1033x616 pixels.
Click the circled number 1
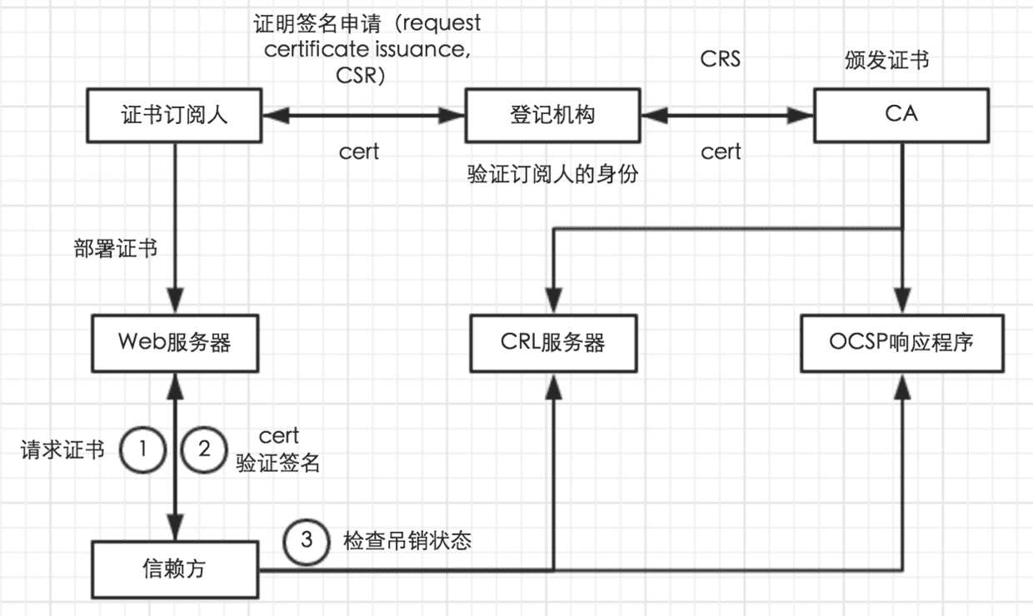coord(143,450)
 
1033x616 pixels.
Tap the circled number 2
coord(204,450)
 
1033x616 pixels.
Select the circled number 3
coord(307,541)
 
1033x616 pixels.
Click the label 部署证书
coord(115,248)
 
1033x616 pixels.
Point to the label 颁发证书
coord(886,60)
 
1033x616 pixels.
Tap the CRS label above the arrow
coord(720,59)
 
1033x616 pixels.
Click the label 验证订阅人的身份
coord(552,174)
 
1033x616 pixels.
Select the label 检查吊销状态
coord(407,540)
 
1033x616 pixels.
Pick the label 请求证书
coord(62,450)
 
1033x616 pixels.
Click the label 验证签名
coord(277,462)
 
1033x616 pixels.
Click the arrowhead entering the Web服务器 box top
coord(175,301)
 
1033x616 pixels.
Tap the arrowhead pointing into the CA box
coord(800,115)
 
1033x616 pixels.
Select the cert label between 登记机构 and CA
coord(721,152)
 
